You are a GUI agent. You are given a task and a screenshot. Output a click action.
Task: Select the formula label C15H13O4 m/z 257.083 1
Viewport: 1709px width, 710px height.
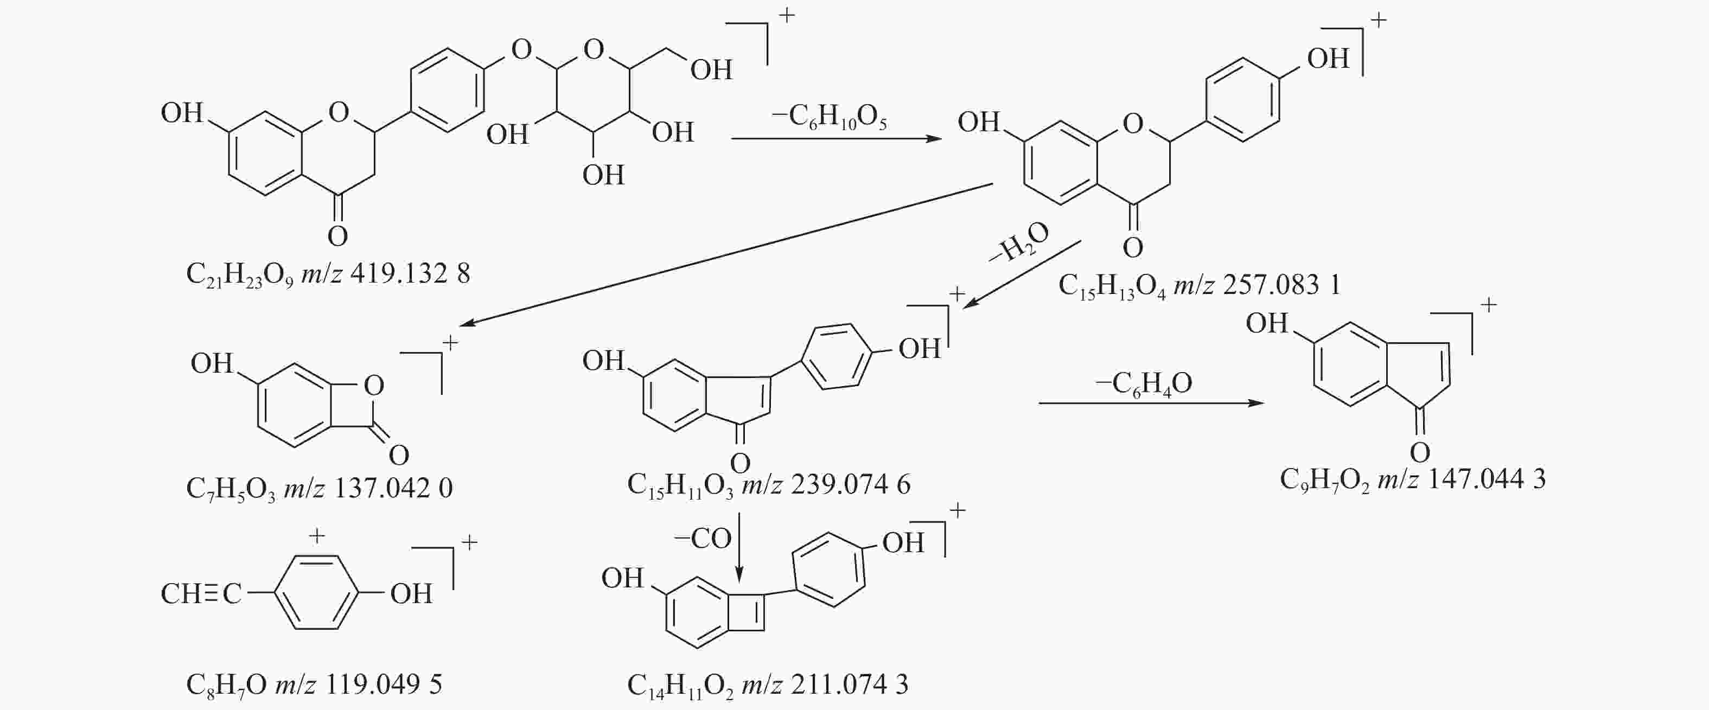(x=1199, y=286)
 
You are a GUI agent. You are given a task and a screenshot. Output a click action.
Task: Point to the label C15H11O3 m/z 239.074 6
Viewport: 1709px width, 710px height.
(x=768, y=485)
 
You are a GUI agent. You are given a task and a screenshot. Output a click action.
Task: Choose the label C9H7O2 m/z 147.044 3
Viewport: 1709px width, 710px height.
(x=1412, y=479)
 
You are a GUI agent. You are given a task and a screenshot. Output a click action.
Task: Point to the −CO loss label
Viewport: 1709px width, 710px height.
(x=703, y=539)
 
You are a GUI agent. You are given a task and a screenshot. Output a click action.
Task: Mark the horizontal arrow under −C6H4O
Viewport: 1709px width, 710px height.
(x=1151, y=403)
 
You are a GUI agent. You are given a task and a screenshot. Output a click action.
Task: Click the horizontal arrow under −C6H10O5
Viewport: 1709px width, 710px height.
(x=836, y=139)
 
